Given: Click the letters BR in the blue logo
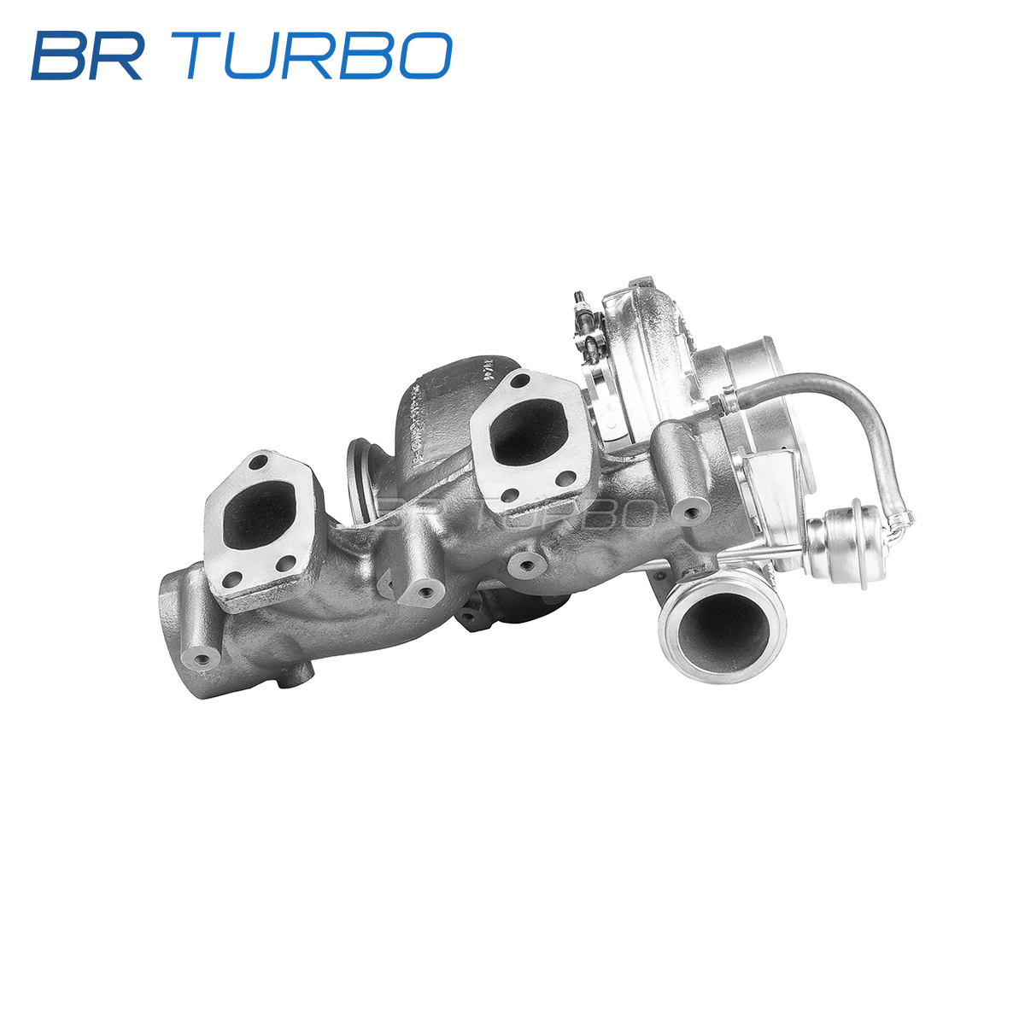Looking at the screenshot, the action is tap(87, 56).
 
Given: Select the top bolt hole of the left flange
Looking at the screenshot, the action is tap(258, 462).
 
